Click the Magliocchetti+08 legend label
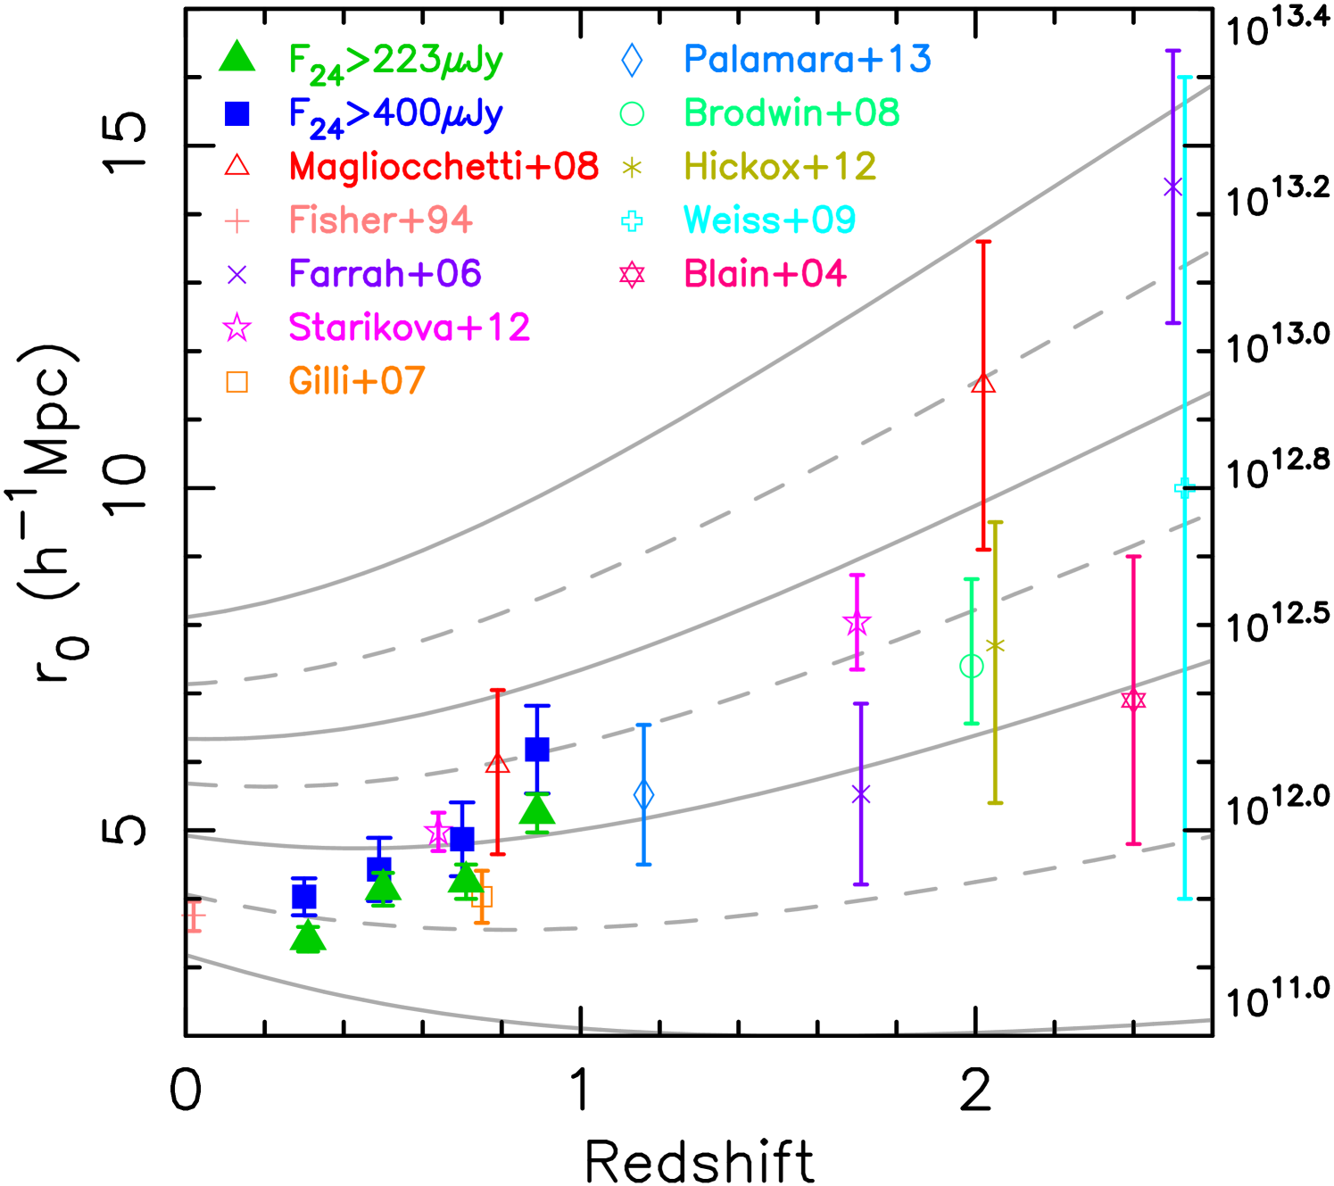pyautogui.click(x=443, y=167)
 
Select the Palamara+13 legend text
pyautogui.click(x=807, y=60)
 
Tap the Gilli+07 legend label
pyautogui.click(x=357, y=381)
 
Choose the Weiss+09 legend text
pyautogui.click(x=769, y=220)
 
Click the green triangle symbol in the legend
pyautogui.click(x=237, y=57)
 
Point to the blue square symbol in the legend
pyautogui.click(x=237, y=113)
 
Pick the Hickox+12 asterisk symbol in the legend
pyautogui.click(x=632, y=168)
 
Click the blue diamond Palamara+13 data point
pyautogui.click(x=643, y=794)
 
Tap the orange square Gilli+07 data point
pyautogui.click(x=482, y=896)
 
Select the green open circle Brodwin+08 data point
pyautogui.click(x=971, y=666)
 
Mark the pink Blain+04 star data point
pyautogui.click(x=1133, y=699)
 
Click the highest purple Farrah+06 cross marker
pyautogui.click(x=1173, y=187)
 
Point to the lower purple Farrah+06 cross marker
pyautogui.click(x=861, y=793)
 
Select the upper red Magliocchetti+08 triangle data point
pyautogui.click(x=983, y=384)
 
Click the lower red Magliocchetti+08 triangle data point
pyautogui.click(x=498, y=764)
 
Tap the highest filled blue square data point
pyautogui.click(x=537, y=749)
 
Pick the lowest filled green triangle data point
pyautogui.click(x=309, y=938)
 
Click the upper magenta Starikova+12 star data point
pyautogui.click(x=857, y=624)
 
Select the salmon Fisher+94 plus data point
pyautogui.click(x=195, y=916)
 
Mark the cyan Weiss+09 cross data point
pyautogui.click(x=1184, y=487)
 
